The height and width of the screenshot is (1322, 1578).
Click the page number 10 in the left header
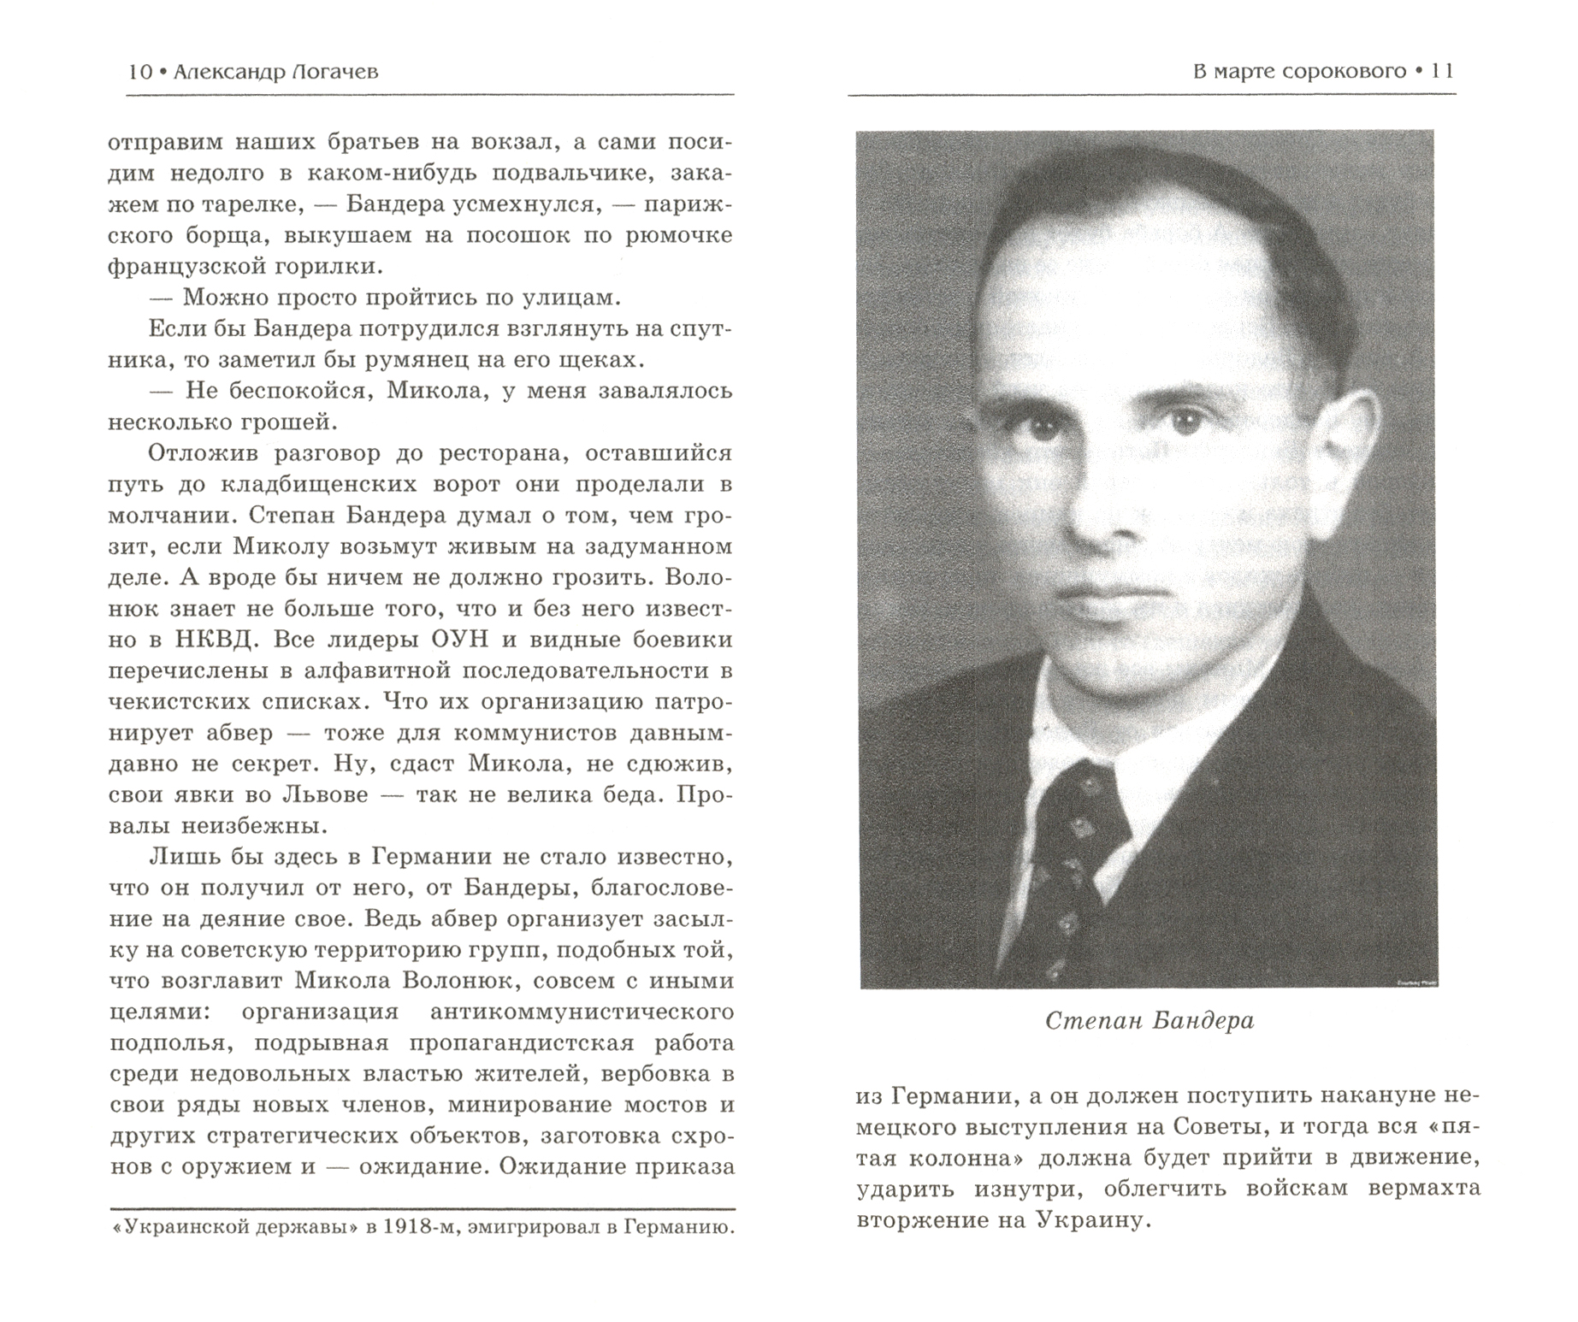pos(139,72)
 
